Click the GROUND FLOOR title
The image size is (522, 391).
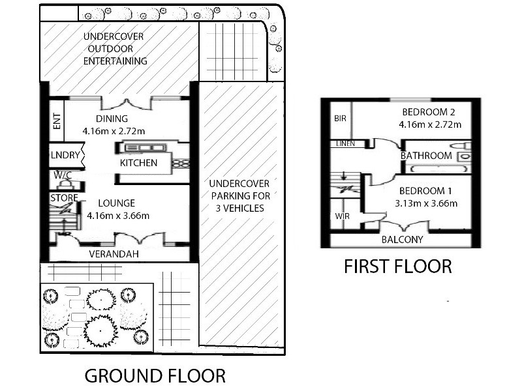point(155,376)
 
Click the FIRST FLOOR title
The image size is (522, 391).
point(398,267)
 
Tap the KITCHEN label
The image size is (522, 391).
point(138,163)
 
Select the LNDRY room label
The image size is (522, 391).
point(65,155)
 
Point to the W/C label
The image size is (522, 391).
point(63,175)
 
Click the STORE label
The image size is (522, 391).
point(64,197)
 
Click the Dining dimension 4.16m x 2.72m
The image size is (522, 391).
point(114,130)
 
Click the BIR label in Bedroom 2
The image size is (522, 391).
point(340,119)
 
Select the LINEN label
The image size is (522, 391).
point(346,143)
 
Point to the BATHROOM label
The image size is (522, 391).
point(426,156)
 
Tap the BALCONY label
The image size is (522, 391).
point(403,239)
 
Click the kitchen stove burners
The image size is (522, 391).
point(180,163)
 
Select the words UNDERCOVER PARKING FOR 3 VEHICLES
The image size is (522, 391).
point(239,195)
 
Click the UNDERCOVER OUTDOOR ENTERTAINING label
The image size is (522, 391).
point(115,49)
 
